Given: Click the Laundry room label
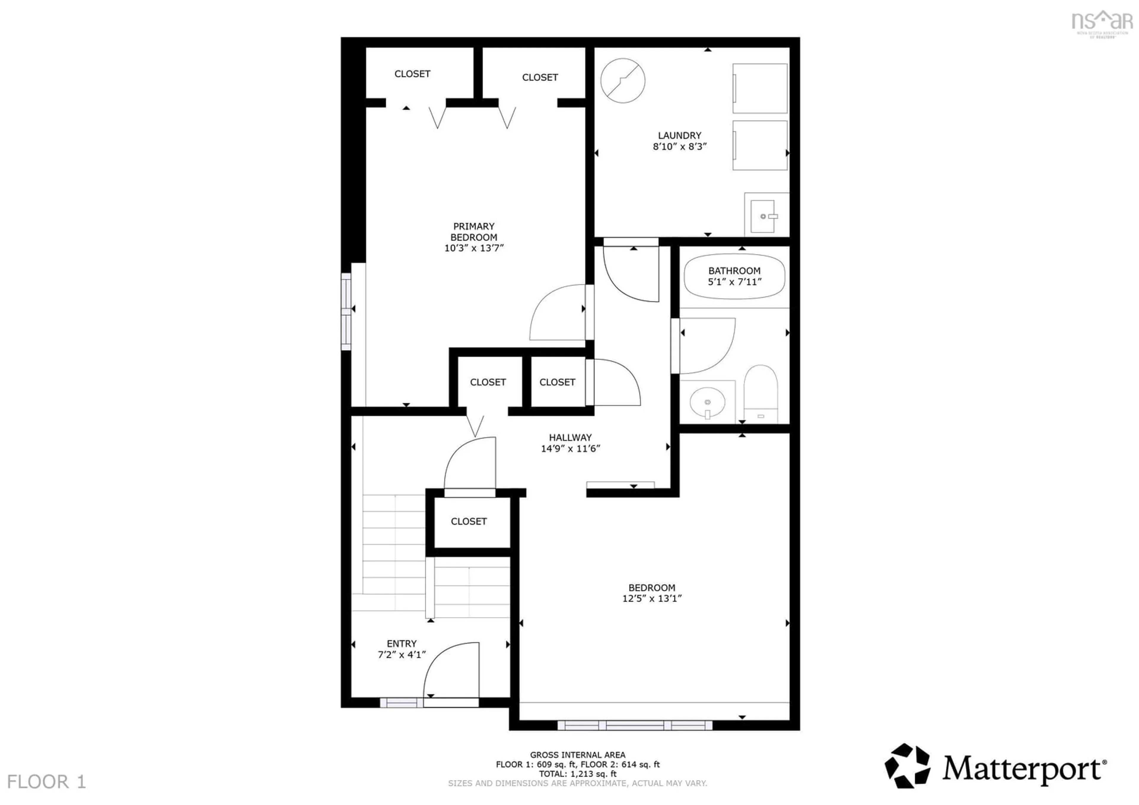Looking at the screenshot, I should click(679, 136).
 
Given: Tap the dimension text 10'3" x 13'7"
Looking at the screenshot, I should click(473, 248).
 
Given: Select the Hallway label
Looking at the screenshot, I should click(570, 437).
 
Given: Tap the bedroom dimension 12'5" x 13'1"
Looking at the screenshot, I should click(652, 599).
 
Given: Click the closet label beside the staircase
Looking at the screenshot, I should click(468, 521).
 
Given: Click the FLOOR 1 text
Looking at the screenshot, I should click(47, 782).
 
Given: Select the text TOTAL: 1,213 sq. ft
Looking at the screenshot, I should click(578, 774).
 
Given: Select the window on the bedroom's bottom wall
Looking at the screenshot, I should click(635, 725).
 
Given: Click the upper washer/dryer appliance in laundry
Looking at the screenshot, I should click(760, 89).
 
